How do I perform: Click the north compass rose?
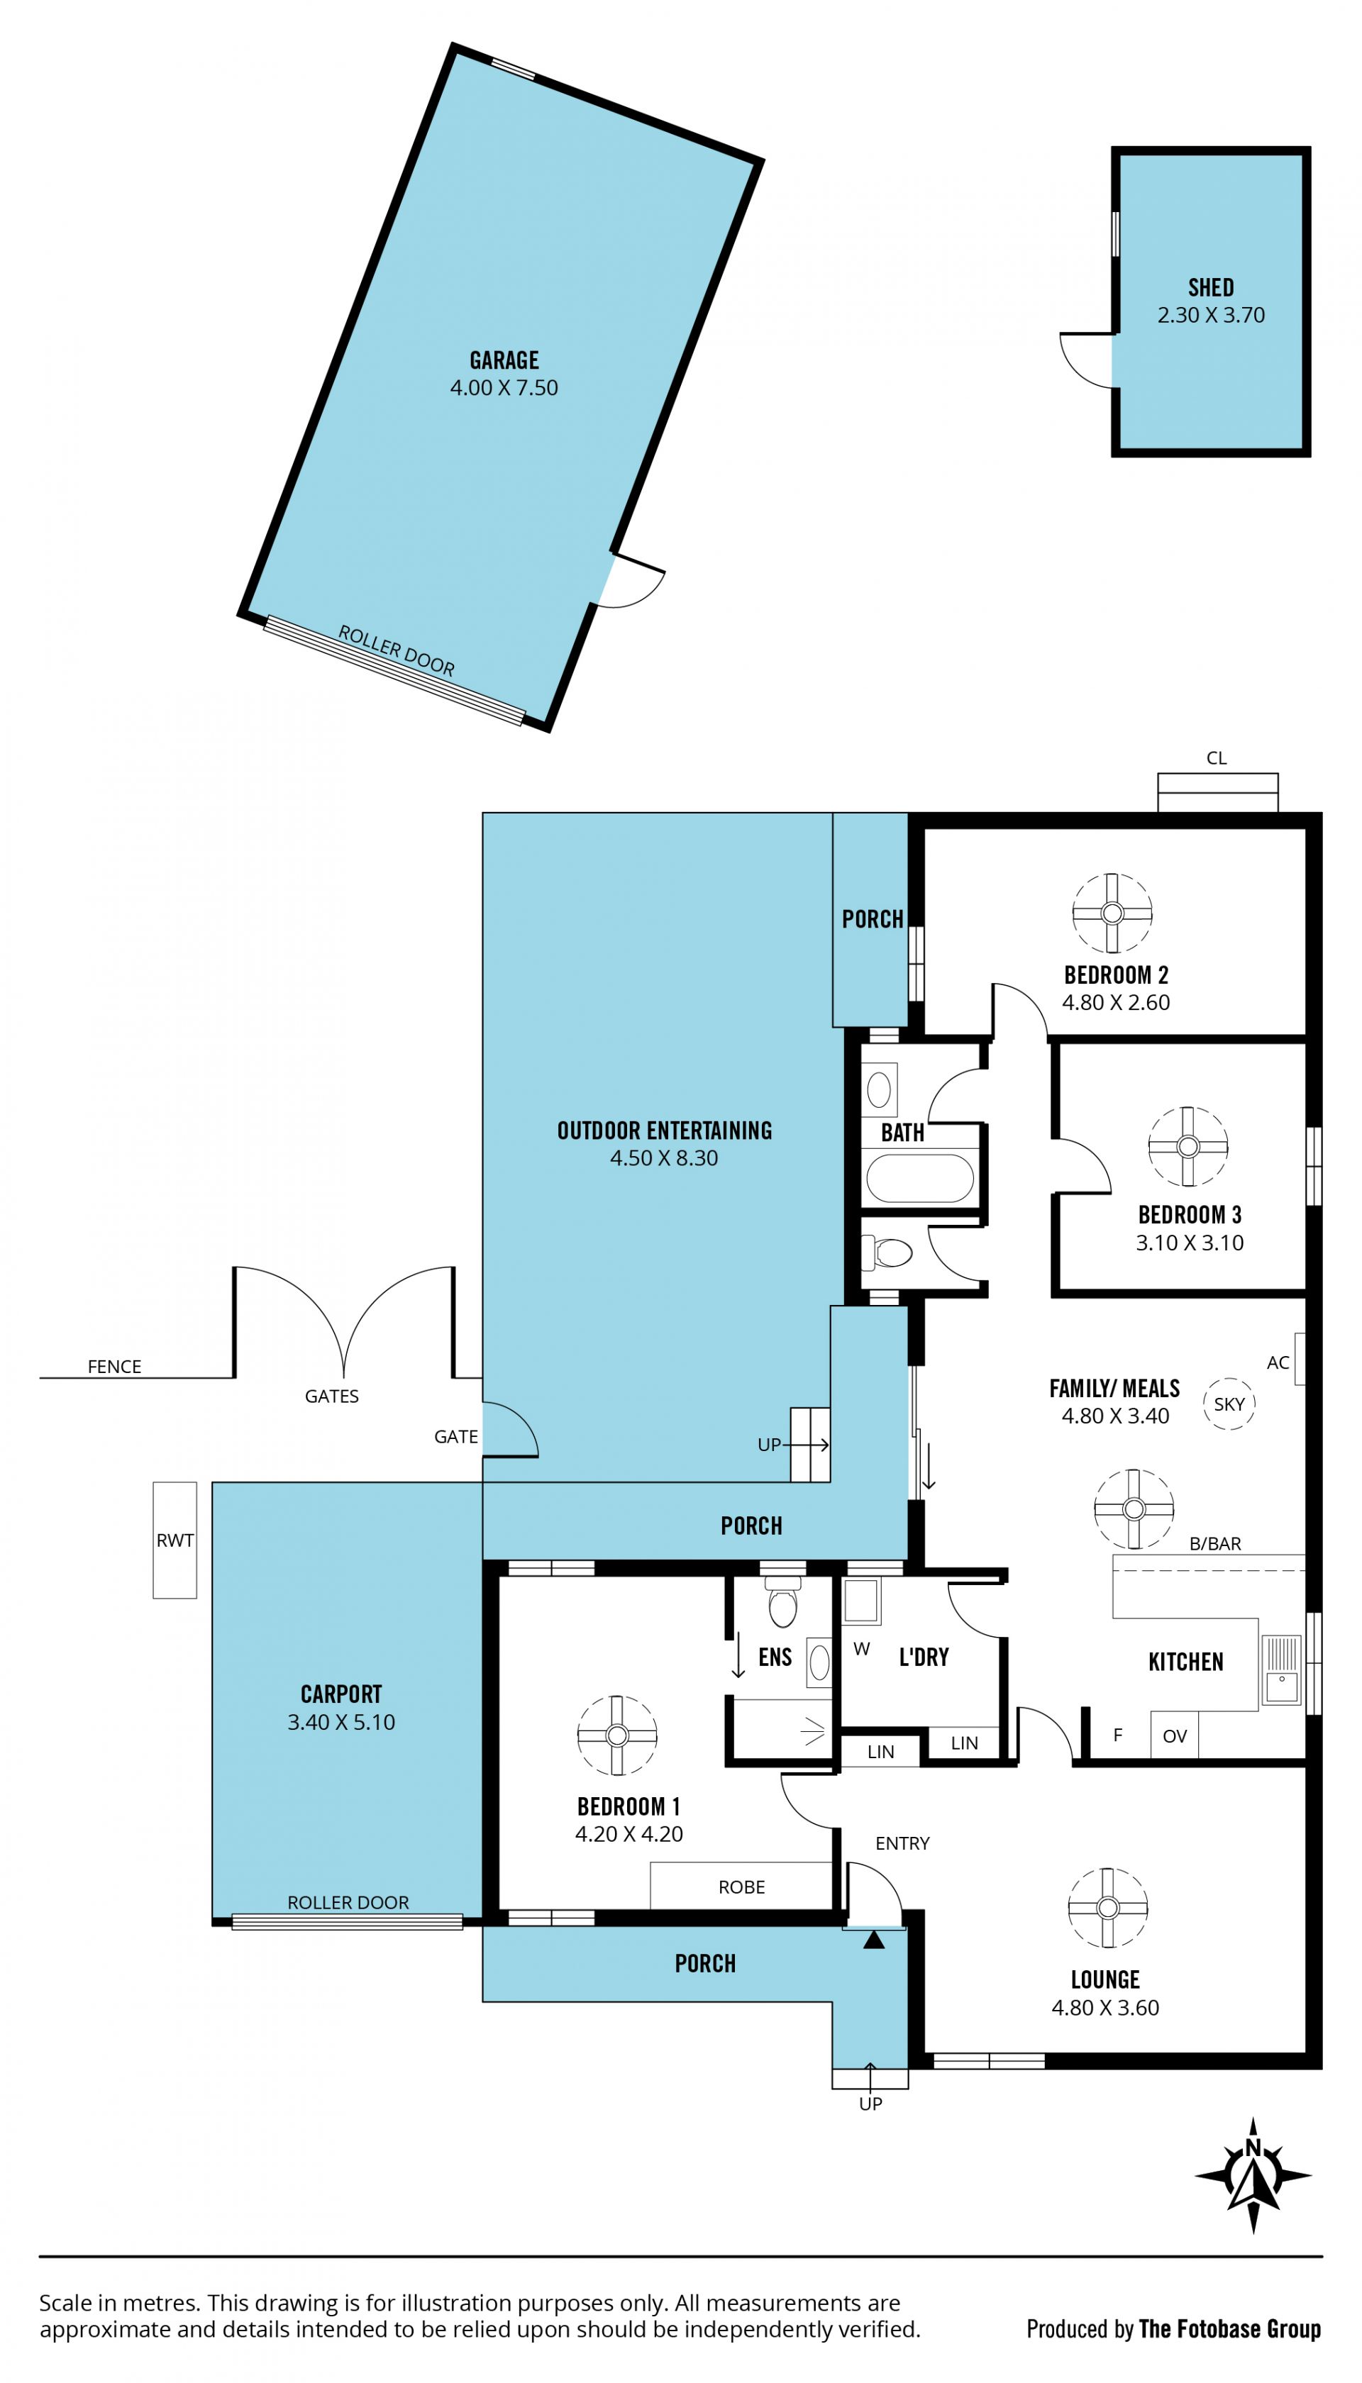[1253, 2177]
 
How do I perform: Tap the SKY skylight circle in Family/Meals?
[1228, 1404]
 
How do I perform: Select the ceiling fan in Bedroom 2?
[1112, 913]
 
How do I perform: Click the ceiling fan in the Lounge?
[1107, 1908]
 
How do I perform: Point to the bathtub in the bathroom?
[919, 1179]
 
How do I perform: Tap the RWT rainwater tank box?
[175, 1540]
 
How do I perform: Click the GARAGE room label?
[504, 360]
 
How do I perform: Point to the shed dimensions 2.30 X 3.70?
[1210, 315]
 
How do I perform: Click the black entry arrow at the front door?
[874, 1939]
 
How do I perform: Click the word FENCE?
[114, 1367]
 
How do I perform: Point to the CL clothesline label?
[1216, 758]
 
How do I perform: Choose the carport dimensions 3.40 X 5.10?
[341, 1722]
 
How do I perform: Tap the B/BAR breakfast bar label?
[1215, 1544]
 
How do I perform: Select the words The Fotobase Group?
[1229, 2329]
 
